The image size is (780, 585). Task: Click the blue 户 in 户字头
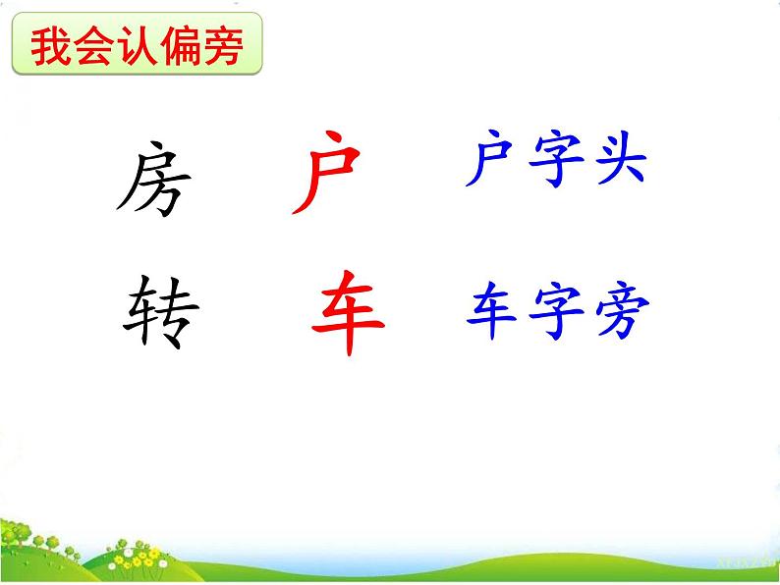point(490,162)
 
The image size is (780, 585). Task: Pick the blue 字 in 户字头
point(555,162)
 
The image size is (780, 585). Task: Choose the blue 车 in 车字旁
point(491,313)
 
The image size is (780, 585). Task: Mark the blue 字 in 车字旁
point(555,313)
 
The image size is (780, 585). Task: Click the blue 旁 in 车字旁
point(622,313)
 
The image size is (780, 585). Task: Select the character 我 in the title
point(49,46)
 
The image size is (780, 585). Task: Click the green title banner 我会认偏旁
point(138,46)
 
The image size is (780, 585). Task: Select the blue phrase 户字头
point(555,162)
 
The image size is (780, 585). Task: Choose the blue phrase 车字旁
point(557,313)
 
